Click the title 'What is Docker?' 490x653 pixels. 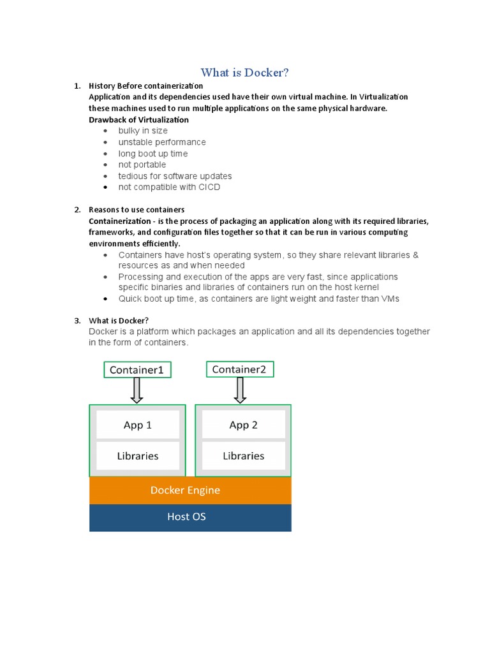click(245, 73)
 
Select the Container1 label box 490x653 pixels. click(137, 369)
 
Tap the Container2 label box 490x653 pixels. click(240, 369)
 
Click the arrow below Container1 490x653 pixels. click(137, 390)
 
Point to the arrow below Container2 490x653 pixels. click(240, 390)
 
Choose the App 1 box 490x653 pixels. click(138, 425)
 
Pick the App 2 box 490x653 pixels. click(243, 425)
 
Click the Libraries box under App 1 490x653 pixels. click(138, 456)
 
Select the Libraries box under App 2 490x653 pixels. click(243, 456)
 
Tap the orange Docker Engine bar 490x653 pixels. click(190, 490)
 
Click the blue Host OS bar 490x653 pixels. click(190, 517)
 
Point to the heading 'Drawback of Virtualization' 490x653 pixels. click(138, 119)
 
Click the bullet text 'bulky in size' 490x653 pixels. click(143, 131)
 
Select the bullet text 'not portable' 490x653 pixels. click(142, 165)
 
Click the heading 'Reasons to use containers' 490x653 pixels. click(137, 209)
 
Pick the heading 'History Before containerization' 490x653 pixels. click(145, 85)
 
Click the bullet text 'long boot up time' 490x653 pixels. click(152, 154)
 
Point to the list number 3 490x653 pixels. click(77, 320)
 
